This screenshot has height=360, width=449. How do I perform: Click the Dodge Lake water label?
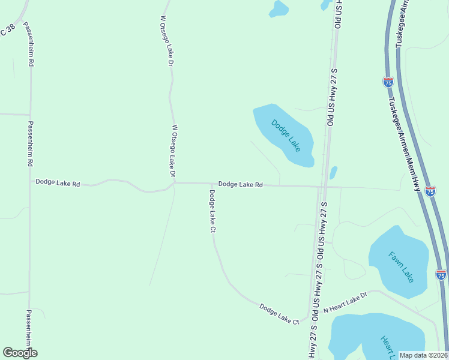click(x=285, y=135)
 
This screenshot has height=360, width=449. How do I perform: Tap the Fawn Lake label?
click(x=401, y=267)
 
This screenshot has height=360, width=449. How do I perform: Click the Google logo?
click(x=20, y=353)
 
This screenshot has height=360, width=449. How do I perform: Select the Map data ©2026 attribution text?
click(x=423, y=355)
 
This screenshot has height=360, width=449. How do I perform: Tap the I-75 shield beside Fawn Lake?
click(x=441, y=274)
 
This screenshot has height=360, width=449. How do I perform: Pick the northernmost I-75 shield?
click(x=388, y=83)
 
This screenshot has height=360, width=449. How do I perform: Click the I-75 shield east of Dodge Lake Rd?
click(x=430, y=191)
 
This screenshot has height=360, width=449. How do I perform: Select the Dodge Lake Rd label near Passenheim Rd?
click(x=58, y=182)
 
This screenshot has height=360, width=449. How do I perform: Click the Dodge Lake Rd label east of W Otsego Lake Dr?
click(x=240, y=185)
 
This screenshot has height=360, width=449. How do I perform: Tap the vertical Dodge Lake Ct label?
click(x=212, y=211)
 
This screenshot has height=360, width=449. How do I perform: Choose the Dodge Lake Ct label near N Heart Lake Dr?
click(x=279, y=314)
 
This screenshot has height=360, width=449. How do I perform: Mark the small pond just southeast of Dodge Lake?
click(x=333, y=173)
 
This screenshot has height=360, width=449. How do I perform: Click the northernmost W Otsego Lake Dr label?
click(x=167, y=41)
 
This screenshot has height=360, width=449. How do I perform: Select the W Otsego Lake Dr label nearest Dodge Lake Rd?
click(x=173, y=151)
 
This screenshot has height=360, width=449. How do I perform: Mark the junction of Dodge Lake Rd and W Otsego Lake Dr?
click(x=174, y=183)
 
